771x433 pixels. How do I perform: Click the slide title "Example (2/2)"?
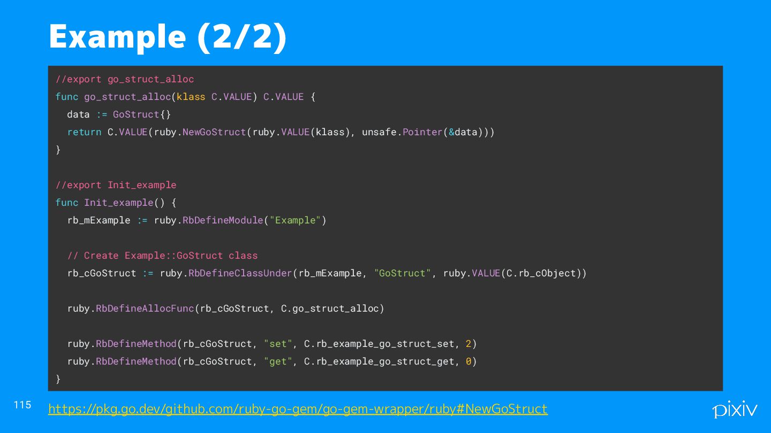[168, 37]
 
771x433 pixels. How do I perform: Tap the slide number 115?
[22, 405]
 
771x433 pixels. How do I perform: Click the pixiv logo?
[735, 409]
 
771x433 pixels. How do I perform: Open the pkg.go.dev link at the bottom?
[298, 409]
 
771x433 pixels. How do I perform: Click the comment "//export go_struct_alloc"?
[125, 79]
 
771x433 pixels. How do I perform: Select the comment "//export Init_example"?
[116, 185]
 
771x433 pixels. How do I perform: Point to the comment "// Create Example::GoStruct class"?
[162, 256]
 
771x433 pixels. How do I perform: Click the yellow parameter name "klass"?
[191, 97]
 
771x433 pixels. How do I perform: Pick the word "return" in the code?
[84, 132]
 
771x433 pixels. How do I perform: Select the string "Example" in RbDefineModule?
[295, 220]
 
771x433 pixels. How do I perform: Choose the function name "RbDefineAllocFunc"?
[145, 308]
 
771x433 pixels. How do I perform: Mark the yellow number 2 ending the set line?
[468, 344]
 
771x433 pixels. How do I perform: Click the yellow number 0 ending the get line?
[468, 361]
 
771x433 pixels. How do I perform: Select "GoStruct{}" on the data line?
[142, 114]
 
